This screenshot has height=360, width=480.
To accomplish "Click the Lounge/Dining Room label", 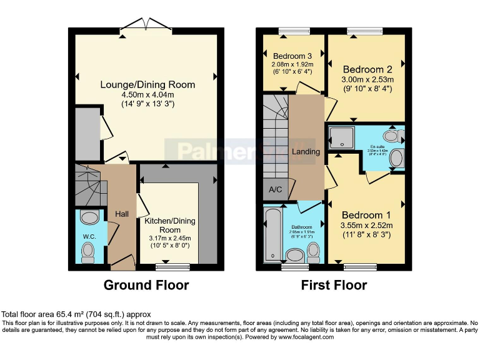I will point(149,84).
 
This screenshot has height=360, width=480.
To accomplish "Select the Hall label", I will point(122,214).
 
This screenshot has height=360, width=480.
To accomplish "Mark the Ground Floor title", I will point(146,286).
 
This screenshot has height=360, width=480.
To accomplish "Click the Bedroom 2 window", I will point(365,30).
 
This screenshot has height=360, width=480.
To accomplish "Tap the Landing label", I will point(306,152).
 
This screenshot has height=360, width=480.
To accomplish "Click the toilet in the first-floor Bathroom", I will point(313,251).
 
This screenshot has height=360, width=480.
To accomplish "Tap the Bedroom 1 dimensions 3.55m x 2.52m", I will point(366,226).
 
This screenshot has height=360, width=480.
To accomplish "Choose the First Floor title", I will point(334,286).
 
